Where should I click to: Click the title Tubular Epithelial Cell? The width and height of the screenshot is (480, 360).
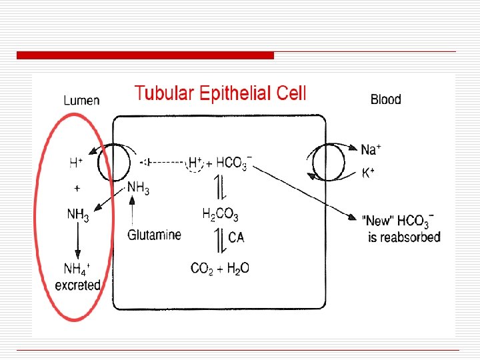220,93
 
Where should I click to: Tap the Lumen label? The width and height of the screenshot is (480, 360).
81,101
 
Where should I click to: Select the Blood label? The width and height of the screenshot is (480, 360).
385,100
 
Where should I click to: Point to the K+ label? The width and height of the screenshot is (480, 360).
368,173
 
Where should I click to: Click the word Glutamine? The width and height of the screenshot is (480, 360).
153,235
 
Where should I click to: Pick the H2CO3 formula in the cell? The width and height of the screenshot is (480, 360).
220,214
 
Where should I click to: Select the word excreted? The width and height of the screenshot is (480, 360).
77,285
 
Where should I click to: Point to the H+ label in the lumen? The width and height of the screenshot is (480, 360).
76,162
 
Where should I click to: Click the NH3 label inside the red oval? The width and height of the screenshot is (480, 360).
77,215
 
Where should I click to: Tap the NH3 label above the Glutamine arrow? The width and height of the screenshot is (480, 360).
138,189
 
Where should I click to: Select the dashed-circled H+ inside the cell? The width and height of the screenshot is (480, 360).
195,162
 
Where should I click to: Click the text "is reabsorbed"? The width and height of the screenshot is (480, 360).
404,237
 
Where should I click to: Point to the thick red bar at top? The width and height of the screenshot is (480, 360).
145,55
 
